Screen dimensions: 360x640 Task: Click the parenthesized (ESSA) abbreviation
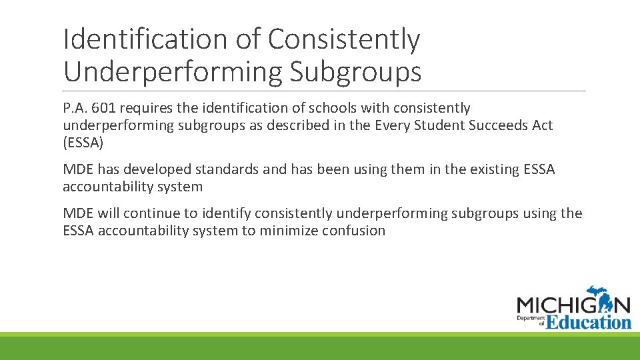83,143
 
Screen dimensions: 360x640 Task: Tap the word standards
227,169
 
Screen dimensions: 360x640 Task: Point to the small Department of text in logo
531,319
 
